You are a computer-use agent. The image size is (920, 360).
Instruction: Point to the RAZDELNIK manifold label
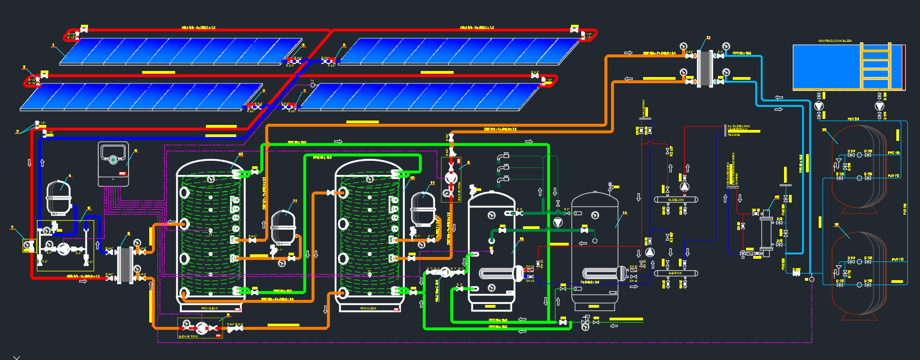(x=676, y=200)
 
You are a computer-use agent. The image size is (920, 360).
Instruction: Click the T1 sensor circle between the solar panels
(x=313, y=85)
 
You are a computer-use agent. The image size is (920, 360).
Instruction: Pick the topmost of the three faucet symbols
(x=503, y=156)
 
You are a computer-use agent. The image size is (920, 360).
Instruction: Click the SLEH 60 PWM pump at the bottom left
(x=201, y=329)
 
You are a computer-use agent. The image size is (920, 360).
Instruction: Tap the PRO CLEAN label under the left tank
(x=209, y=308)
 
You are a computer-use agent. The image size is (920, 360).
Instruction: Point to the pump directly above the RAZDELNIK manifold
(x=684, y=187)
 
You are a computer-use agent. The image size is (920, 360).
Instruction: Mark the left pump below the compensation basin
(x=819, y=106)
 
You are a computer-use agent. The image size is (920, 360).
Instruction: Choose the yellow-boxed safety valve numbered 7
(x=29, y=246)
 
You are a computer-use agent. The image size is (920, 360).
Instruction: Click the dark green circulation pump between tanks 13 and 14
(x=558, y=222)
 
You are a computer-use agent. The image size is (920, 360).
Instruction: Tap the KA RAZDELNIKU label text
(x=738, y=127)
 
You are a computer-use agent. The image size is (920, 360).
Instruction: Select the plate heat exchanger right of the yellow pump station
(x=126, y=264)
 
